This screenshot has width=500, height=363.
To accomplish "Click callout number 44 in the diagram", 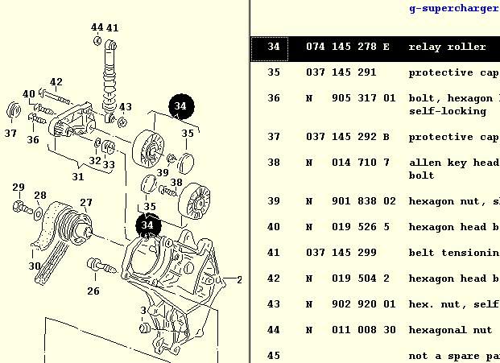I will [97, 28].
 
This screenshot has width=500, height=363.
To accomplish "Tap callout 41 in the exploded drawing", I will [113, 28].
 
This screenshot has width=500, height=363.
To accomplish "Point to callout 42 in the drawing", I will [56, 82].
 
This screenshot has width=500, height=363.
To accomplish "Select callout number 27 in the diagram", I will [86, 203].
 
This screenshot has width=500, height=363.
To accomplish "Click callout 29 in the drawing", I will [19, 188].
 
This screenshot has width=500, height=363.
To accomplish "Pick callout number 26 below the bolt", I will [93, 291].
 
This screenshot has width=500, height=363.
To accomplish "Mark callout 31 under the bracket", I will [77, 176].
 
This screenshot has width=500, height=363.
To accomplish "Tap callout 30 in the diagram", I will [35, 266].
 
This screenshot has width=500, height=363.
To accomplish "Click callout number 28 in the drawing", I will [39, 196].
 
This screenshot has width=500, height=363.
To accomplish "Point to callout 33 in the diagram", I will [109, 165].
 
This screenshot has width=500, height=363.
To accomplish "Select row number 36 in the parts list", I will [274, 98].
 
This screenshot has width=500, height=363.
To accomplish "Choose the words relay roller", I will [447, 47].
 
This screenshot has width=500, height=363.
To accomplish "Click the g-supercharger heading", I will [453, 9].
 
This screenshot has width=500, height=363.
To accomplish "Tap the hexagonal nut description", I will [449, 330].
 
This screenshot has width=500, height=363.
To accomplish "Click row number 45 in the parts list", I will [274, 356].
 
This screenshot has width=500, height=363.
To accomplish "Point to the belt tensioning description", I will [453, 253].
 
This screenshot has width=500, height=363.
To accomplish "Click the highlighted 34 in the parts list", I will [274, 47].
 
